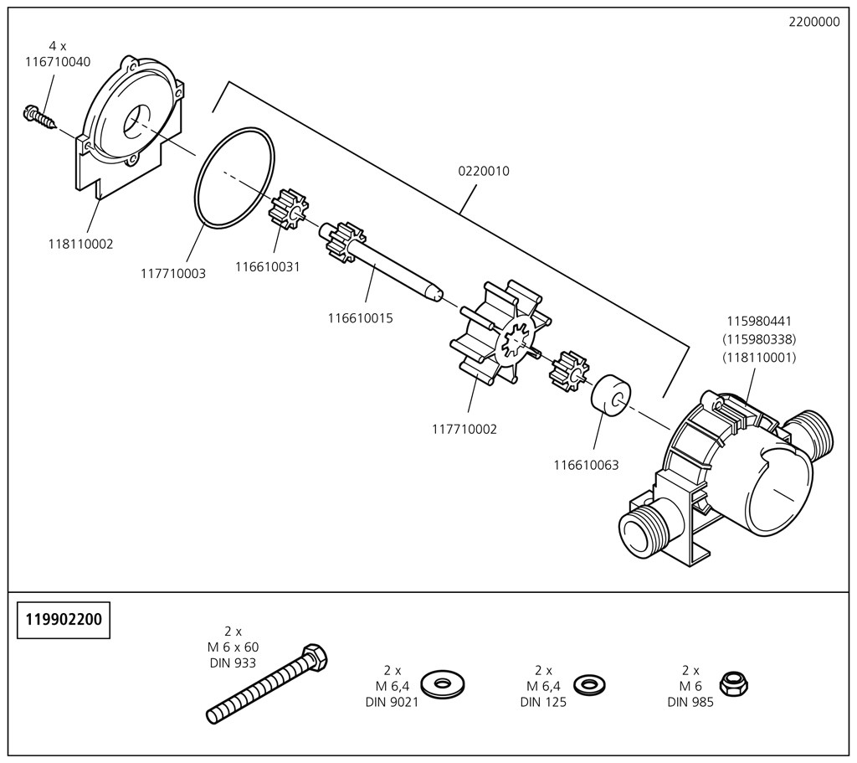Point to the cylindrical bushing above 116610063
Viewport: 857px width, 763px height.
pyautogui.click(x=612, y=394)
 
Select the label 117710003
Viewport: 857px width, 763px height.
pyautogui.click(x=173, y=273)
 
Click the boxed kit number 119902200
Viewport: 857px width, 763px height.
pyautogui.click(x=64, y=621)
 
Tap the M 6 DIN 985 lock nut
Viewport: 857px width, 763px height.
pyautogui.click(x=734, y=684)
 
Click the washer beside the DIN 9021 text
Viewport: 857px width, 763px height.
pyautogui.click(x=444, y=683)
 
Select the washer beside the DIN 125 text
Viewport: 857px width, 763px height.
pyautogui.click(x=589, y=684)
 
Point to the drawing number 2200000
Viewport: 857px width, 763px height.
pyautogui.click(x=813, y=23)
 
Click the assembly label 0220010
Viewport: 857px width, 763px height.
pyautogui.click(x=483, y=171)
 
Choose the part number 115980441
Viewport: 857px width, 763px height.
pyautogui.click(x=760, y=321)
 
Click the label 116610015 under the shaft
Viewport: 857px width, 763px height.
pyautogui.click(x=361, y=318)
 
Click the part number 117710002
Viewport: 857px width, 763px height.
pyautogui.click(x=464, y=430)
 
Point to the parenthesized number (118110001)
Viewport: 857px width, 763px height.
pyautogui.click(x=760, y=358)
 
